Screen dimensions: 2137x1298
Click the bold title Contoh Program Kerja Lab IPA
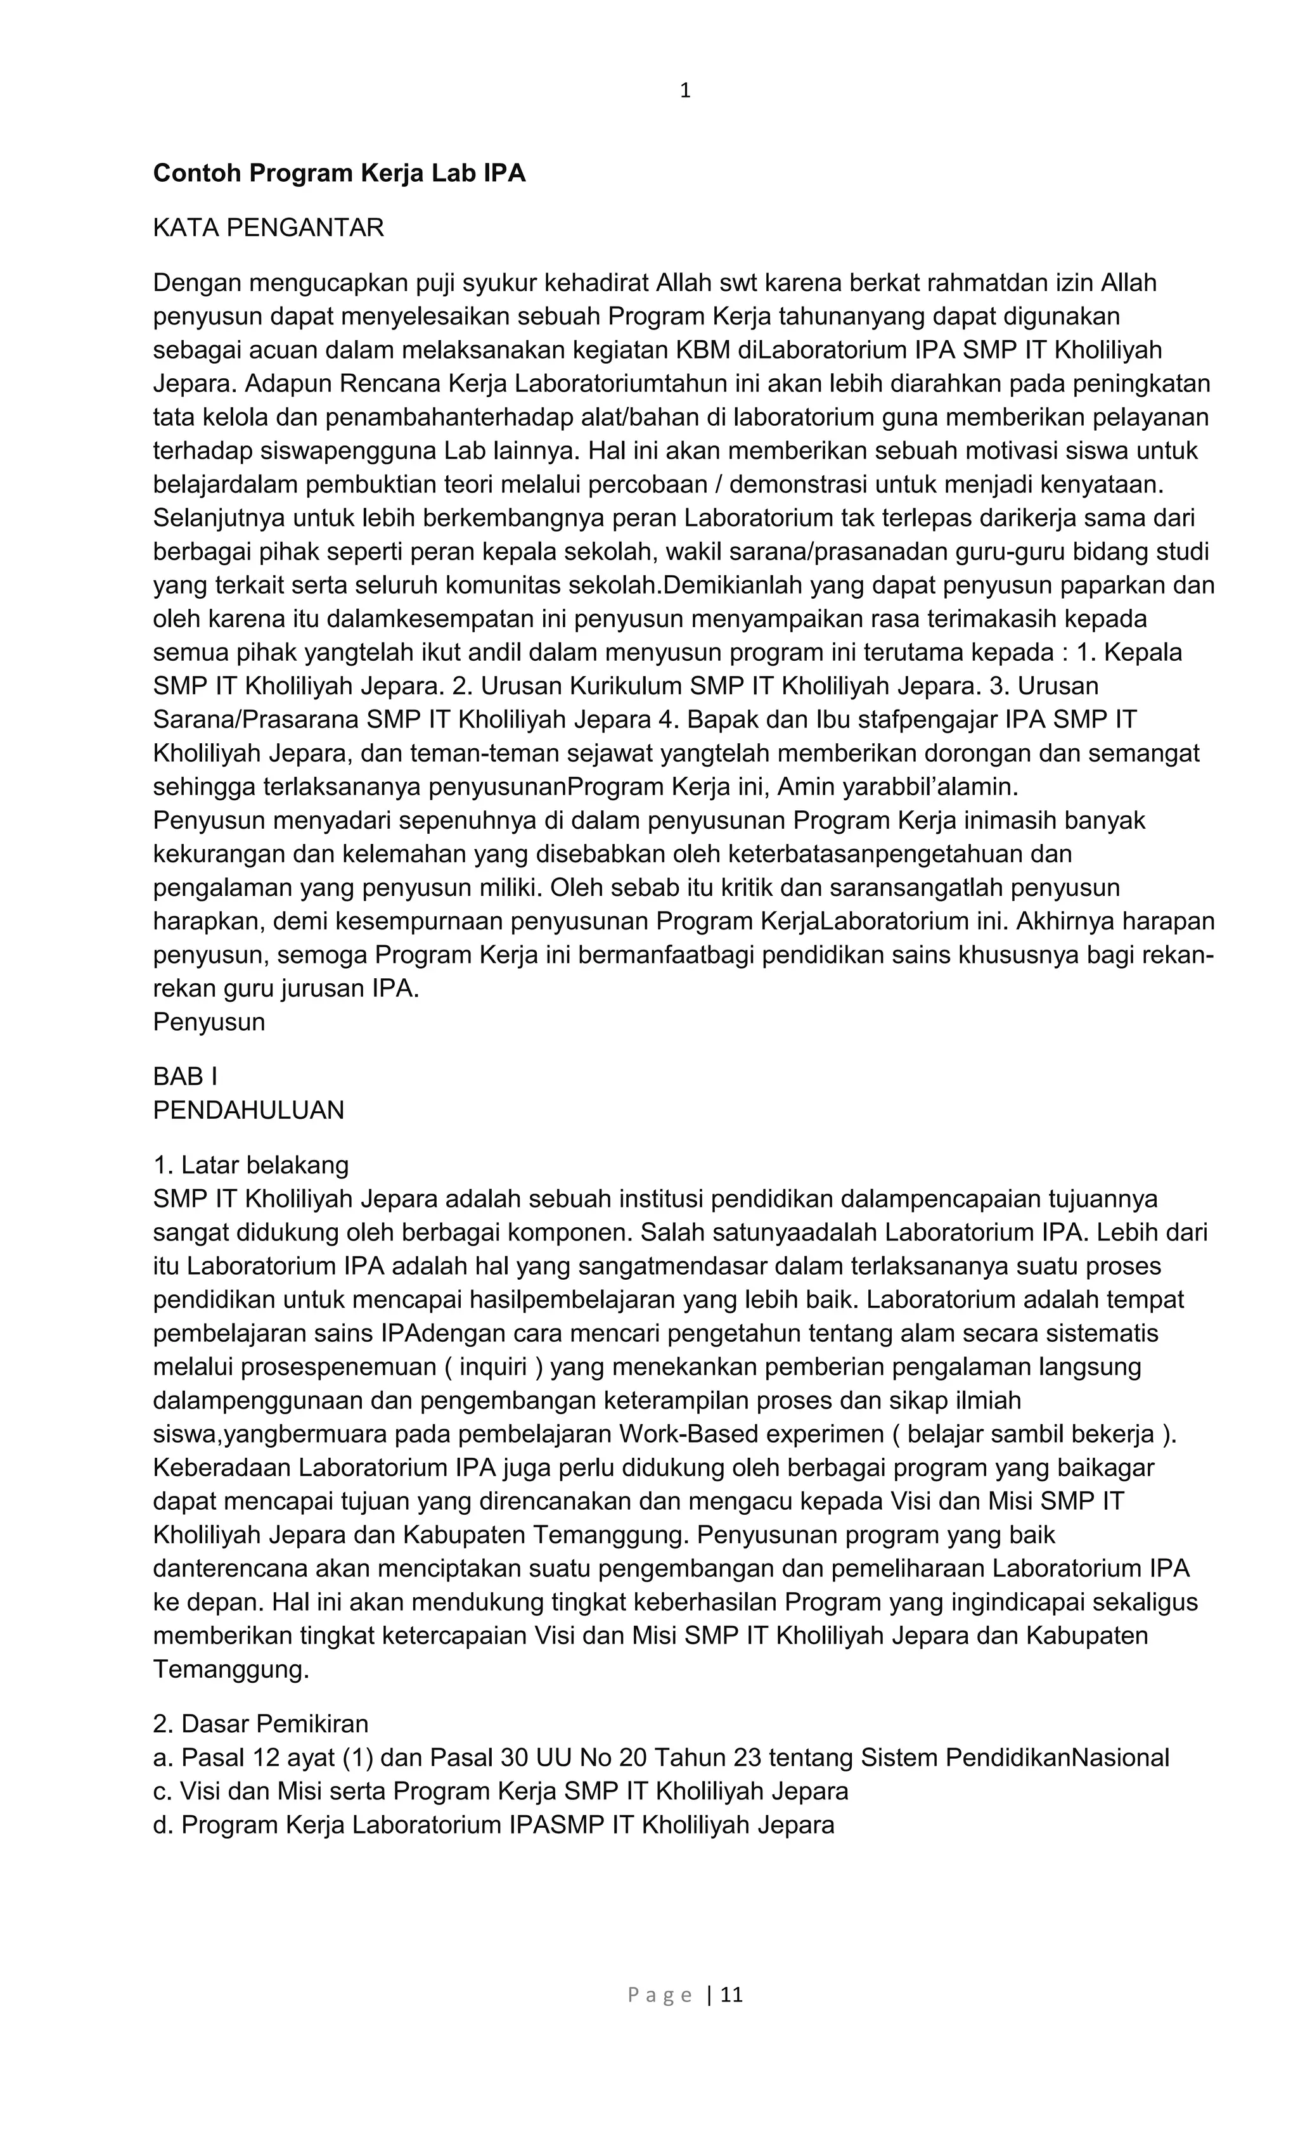pyautogui.click(x=339, y=174)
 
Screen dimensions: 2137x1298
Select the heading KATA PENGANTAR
pyautogui.click(x=268, y=228)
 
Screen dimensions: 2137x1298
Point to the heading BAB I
pyautogui.click(x=185, y=1076)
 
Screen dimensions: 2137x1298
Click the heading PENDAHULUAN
pyautogui.click(x=248, y=1110)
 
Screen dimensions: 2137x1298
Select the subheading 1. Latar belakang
pyautogui.click(x=251, y=1164)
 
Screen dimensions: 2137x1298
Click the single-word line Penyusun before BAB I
pyautogui.click(x=209, y=1022)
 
